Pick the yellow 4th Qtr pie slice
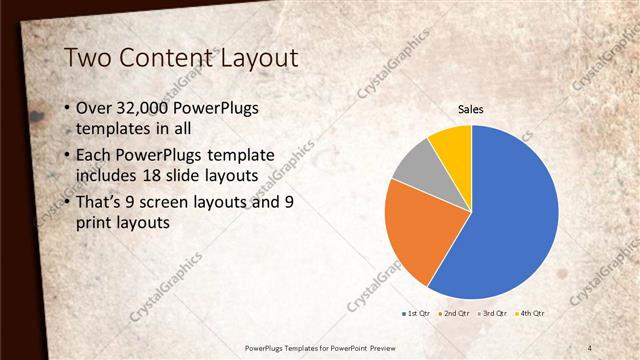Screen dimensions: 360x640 [x=452, y=145]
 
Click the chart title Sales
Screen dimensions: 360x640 [x=471, y=108]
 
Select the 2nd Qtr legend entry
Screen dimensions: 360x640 [x=455, y=314]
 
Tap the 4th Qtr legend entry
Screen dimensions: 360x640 [x=531, y=314]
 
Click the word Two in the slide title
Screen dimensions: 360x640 [x=88, y=59]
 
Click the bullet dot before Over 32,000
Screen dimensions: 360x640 [x=66, y=108]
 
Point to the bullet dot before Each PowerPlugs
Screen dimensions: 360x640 [x=66, y=156]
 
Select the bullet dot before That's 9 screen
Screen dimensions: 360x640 [x=66, y=203]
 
